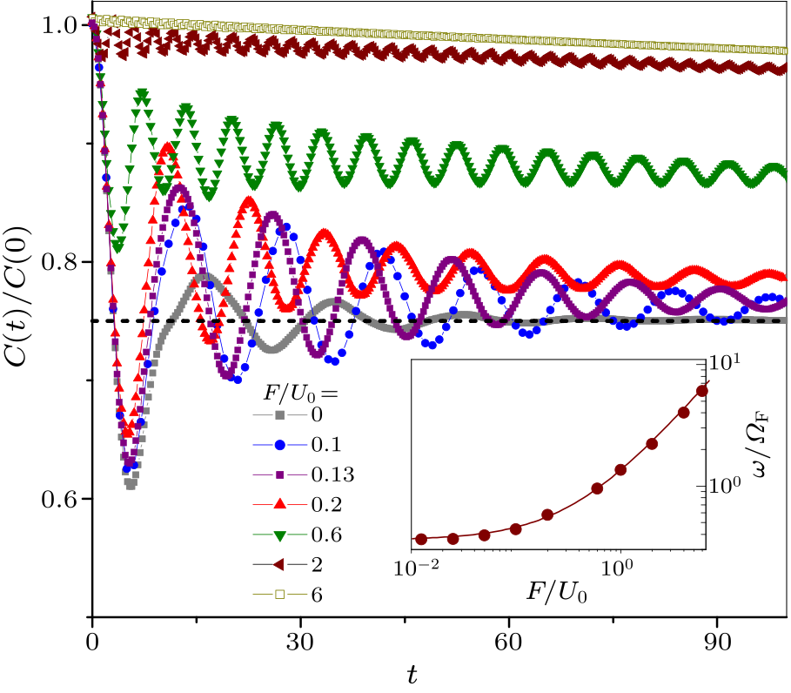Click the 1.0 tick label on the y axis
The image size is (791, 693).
pos(57,25)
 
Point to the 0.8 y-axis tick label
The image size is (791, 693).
pos(57,262)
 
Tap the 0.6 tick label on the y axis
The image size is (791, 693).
pos(57,499)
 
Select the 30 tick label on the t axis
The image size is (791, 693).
pos(300,650)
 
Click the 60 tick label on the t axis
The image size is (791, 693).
pos(509,650)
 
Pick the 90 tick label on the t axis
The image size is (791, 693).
pos(717,650)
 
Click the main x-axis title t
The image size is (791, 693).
pos(414,675)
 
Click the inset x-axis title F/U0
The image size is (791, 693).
pos(557,593)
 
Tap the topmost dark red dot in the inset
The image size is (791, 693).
pos(702,391)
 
